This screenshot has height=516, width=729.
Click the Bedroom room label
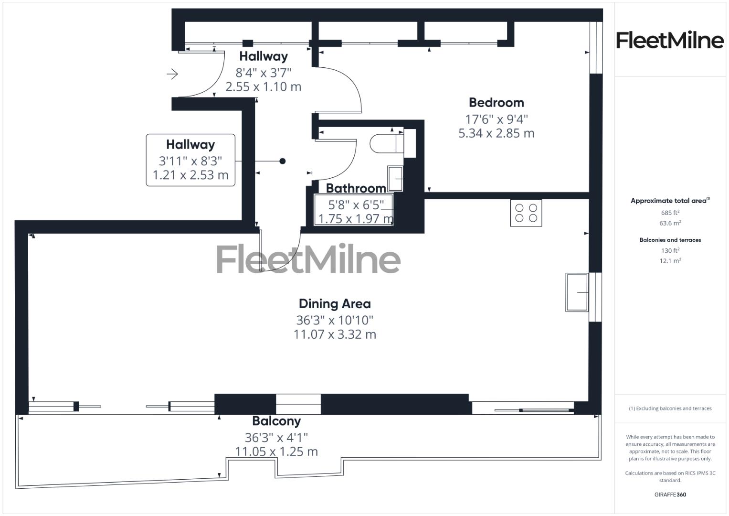(496, 103)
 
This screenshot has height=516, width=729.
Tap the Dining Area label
(335, 304)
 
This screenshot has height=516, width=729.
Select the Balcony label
(276, 421)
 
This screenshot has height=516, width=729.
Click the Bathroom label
(356, 188)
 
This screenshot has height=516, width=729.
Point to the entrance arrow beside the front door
(172, 74)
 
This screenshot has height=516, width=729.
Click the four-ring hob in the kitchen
(526, 213)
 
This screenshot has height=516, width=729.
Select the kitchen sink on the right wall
(577, 292)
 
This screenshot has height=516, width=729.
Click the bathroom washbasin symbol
(395, 178)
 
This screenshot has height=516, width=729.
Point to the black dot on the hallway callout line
(282, 161)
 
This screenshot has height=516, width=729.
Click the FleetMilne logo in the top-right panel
(670, 40)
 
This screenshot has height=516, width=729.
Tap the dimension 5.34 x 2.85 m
(496, 133)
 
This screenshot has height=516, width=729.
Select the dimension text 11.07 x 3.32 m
(335, 334)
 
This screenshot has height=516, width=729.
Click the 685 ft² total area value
(670, 213)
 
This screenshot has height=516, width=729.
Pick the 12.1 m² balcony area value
(670, 261)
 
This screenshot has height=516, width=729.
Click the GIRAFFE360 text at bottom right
(670, 494)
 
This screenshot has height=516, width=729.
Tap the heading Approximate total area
(669, 201)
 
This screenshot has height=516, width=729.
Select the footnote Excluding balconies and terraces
(670, 408)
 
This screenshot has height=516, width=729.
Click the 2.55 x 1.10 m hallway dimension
(263, 87)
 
